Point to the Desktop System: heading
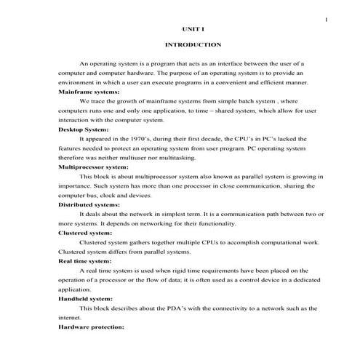[x=83, y=128]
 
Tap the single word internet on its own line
[x=70, y=318]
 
